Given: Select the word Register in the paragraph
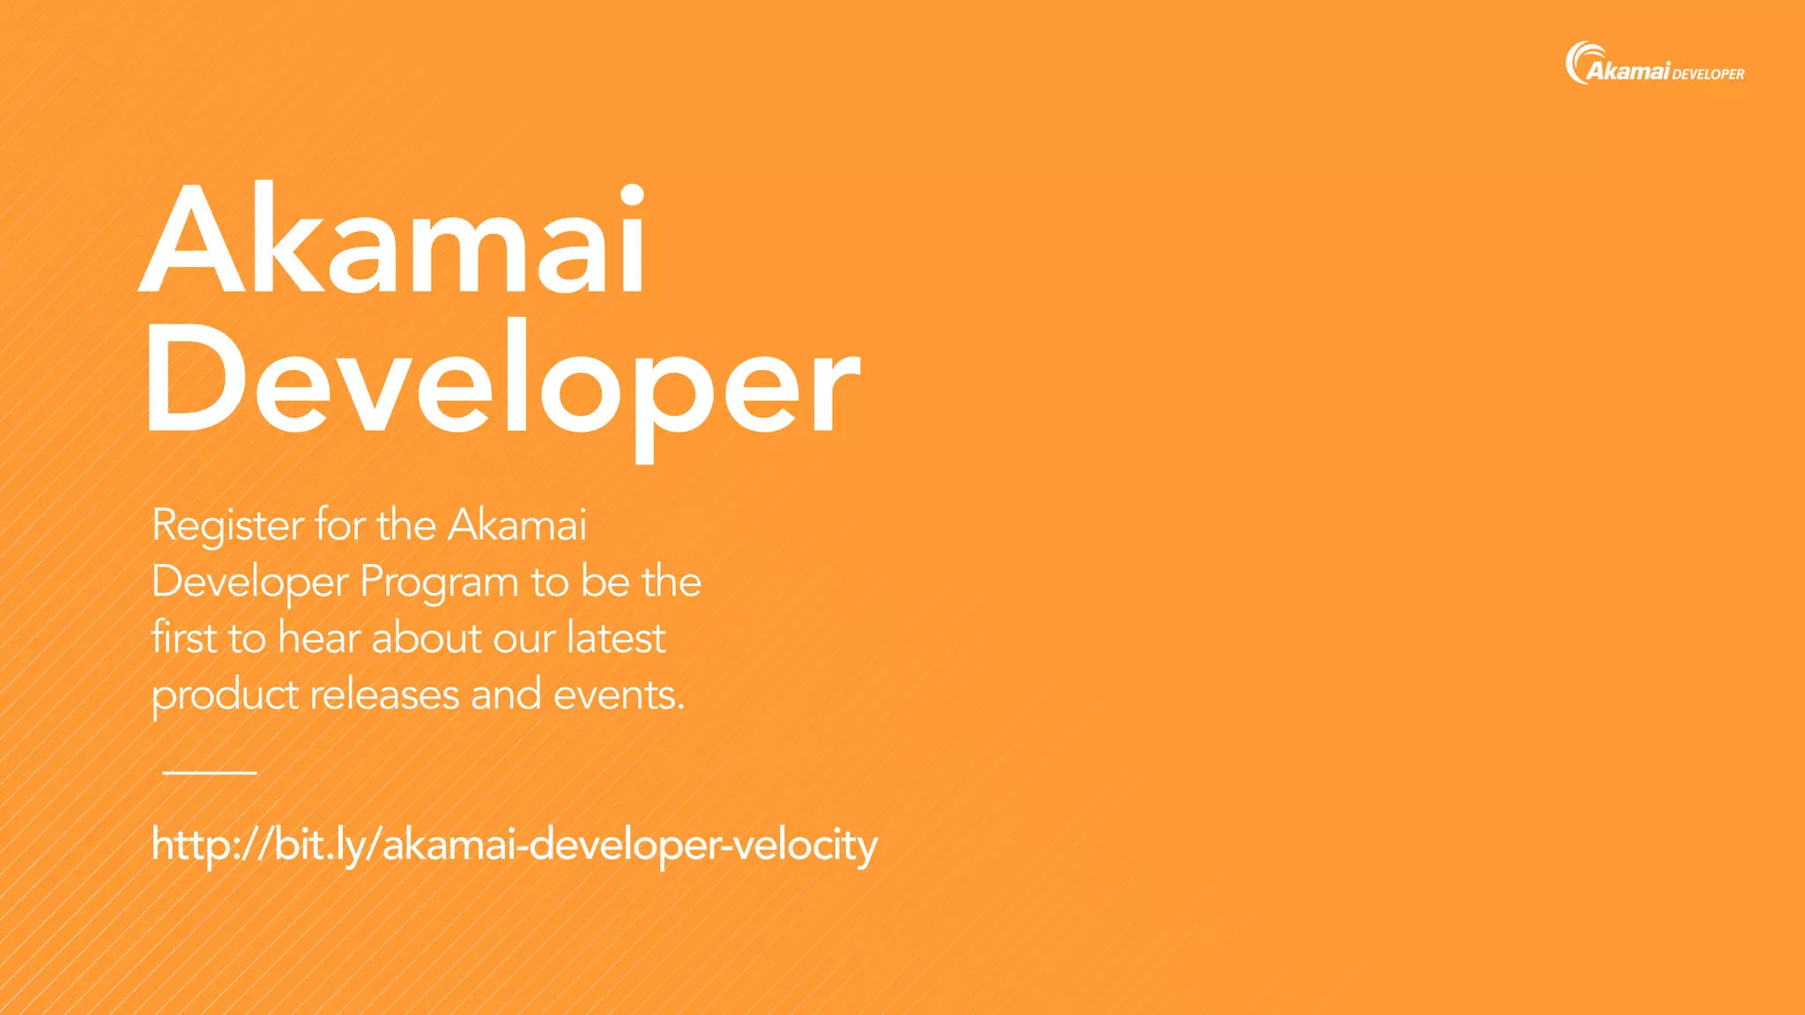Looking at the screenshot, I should (x=228, y=526).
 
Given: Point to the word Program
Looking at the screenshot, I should (x=439, y=583).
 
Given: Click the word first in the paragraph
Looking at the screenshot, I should (x=183, y=637).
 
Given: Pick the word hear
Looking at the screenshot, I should (x=318, y=638).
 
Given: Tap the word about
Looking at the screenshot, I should (x=427, y=638).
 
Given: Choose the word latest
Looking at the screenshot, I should (x=615, y=638).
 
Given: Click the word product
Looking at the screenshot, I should (x=225, y=696).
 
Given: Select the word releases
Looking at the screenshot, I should (x=384, y=694).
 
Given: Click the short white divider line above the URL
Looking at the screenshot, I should (x=210, y=773).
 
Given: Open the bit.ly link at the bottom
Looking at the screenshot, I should (x=514, y=845).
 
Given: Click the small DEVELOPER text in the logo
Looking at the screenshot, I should (x=1708, y=74).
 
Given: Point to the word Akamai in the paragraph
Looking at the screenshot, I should (x=517, y=526).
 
